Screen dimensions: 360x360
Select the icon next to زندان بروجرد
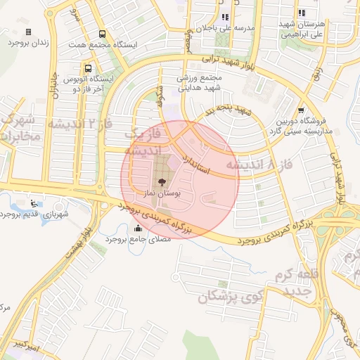[x=28, y=32]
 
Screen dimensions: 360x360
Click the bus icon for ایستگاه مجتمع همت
[x=103, y=34]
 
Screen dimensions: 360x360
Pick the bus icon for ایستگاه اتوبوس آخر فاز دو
[x=88, y=69]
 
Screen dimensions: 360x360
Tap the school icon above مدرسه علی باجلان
[x=225, y=17]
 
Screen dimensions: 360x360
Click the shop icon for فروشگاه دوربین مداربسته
[x=302, y=110]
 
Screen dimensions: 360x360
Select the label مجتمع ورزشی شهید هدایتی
[x=201, y=83]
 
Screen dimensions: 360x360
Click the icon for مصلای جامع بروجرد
[x=136, y=229]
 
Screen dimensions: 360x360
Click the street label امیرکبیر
[x=25, y=346]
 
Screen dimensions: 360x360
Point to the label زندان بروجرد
[x=28, y=43]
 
